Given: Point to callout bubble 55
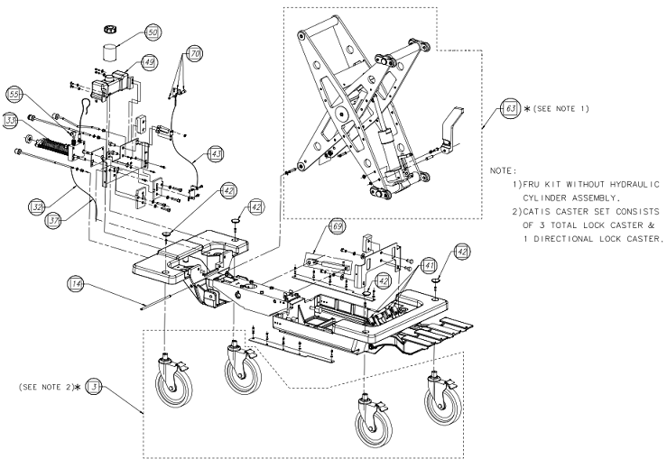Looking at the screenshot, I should pyautogui.click(x=14, y=94).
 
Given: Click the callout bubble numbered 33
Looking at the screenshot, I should pyautogui.click(x=12, y=118).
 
